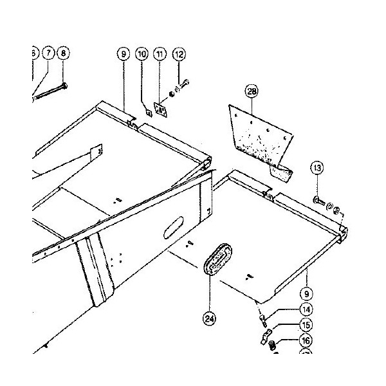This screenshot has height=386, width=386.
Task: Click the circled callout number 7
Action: (x=48, y=54)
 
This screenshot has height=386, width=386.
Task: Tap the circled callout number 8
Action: (x=62, y=54)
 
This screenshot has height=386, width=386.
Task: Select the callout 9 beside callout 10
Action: (x=123, y=55)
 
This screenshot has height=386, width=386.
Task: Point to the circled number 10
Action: (x=142, y=55)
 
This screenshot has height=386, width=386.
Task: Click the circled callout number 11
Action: (x=160, y=55)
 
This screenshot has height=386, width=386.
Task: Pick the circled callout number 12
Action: (x=179, y=55)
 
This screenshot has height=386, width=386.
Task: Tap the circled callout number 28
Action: (x=252, y=92)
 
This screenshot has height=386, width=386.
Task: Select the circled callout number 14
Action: (x=305, y=310)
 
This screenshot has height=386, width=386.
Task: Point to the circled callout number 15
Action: (x=305, y=326)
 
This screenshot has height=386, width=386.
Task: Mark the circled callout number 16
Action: (x=305, y=341)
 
